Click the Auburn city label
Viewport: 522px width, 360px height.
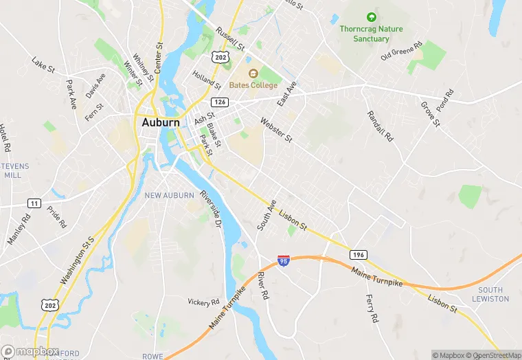pos(161,123)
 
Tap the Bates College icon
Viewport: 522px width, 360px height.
pos(252,73)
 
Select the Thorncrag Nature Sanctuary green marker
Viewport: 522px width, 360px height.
pos(372,16)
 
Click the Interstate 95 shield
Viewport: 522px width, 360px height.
pos(284,260)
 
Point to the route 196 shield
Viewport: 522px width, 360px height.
pos(357,255)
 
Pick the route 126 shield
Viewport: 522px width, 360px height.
pos(220,102)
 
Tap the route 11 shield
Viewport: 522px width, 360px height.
pos(34,203)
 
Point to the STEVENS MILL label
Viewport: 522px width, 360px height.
pos(12,170)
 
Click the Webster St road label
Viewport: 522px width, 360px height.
pos(276,130)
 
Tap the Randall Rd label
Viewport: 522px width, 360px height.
pos(380,126)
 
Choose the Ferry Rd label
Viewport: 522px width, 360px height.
pos(370,308)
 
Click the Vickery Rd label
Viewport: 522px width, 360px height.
pos(204,302)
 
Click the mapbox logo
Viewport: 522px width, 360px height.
pos(30,351)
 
